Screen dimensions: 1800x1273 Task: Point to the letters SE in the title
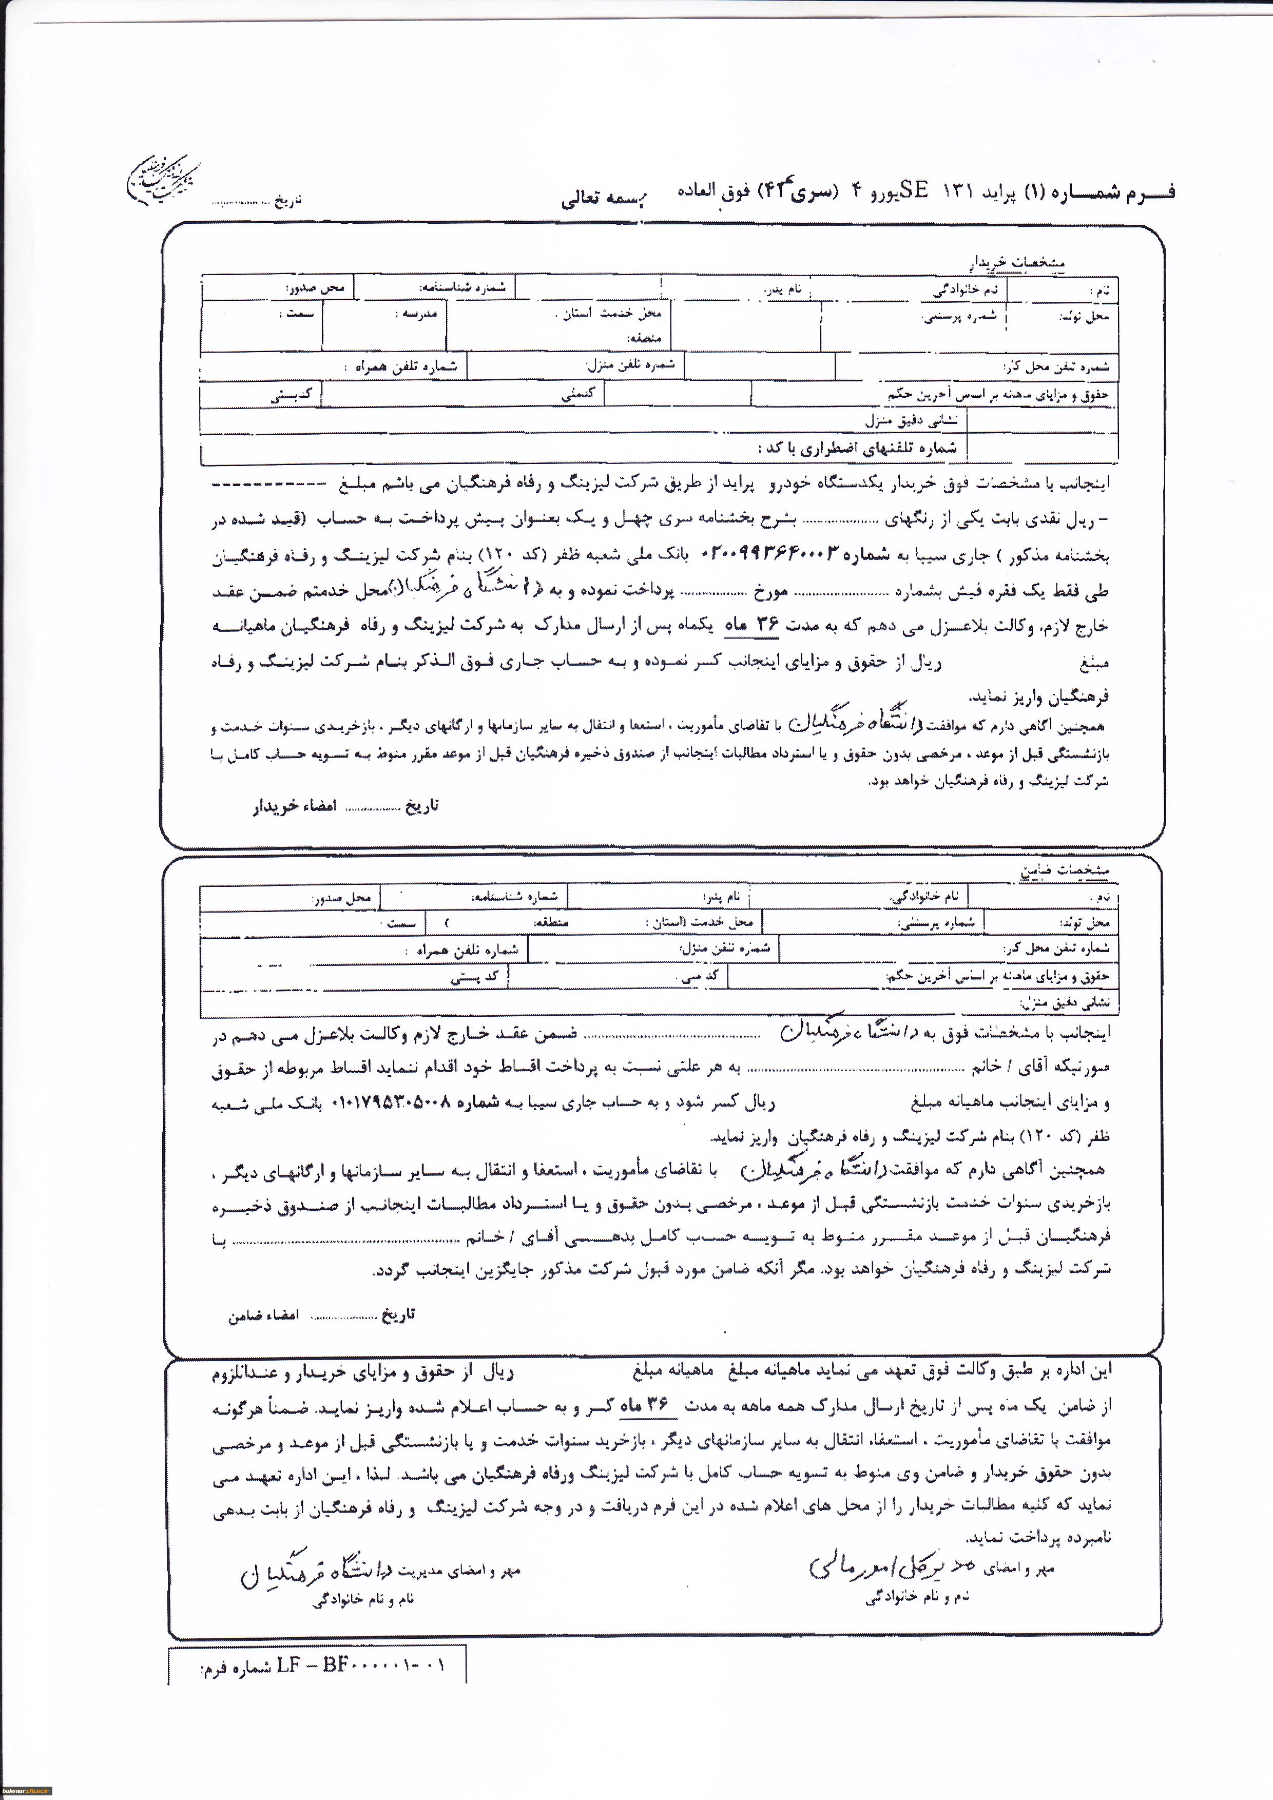coord(913,190)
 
